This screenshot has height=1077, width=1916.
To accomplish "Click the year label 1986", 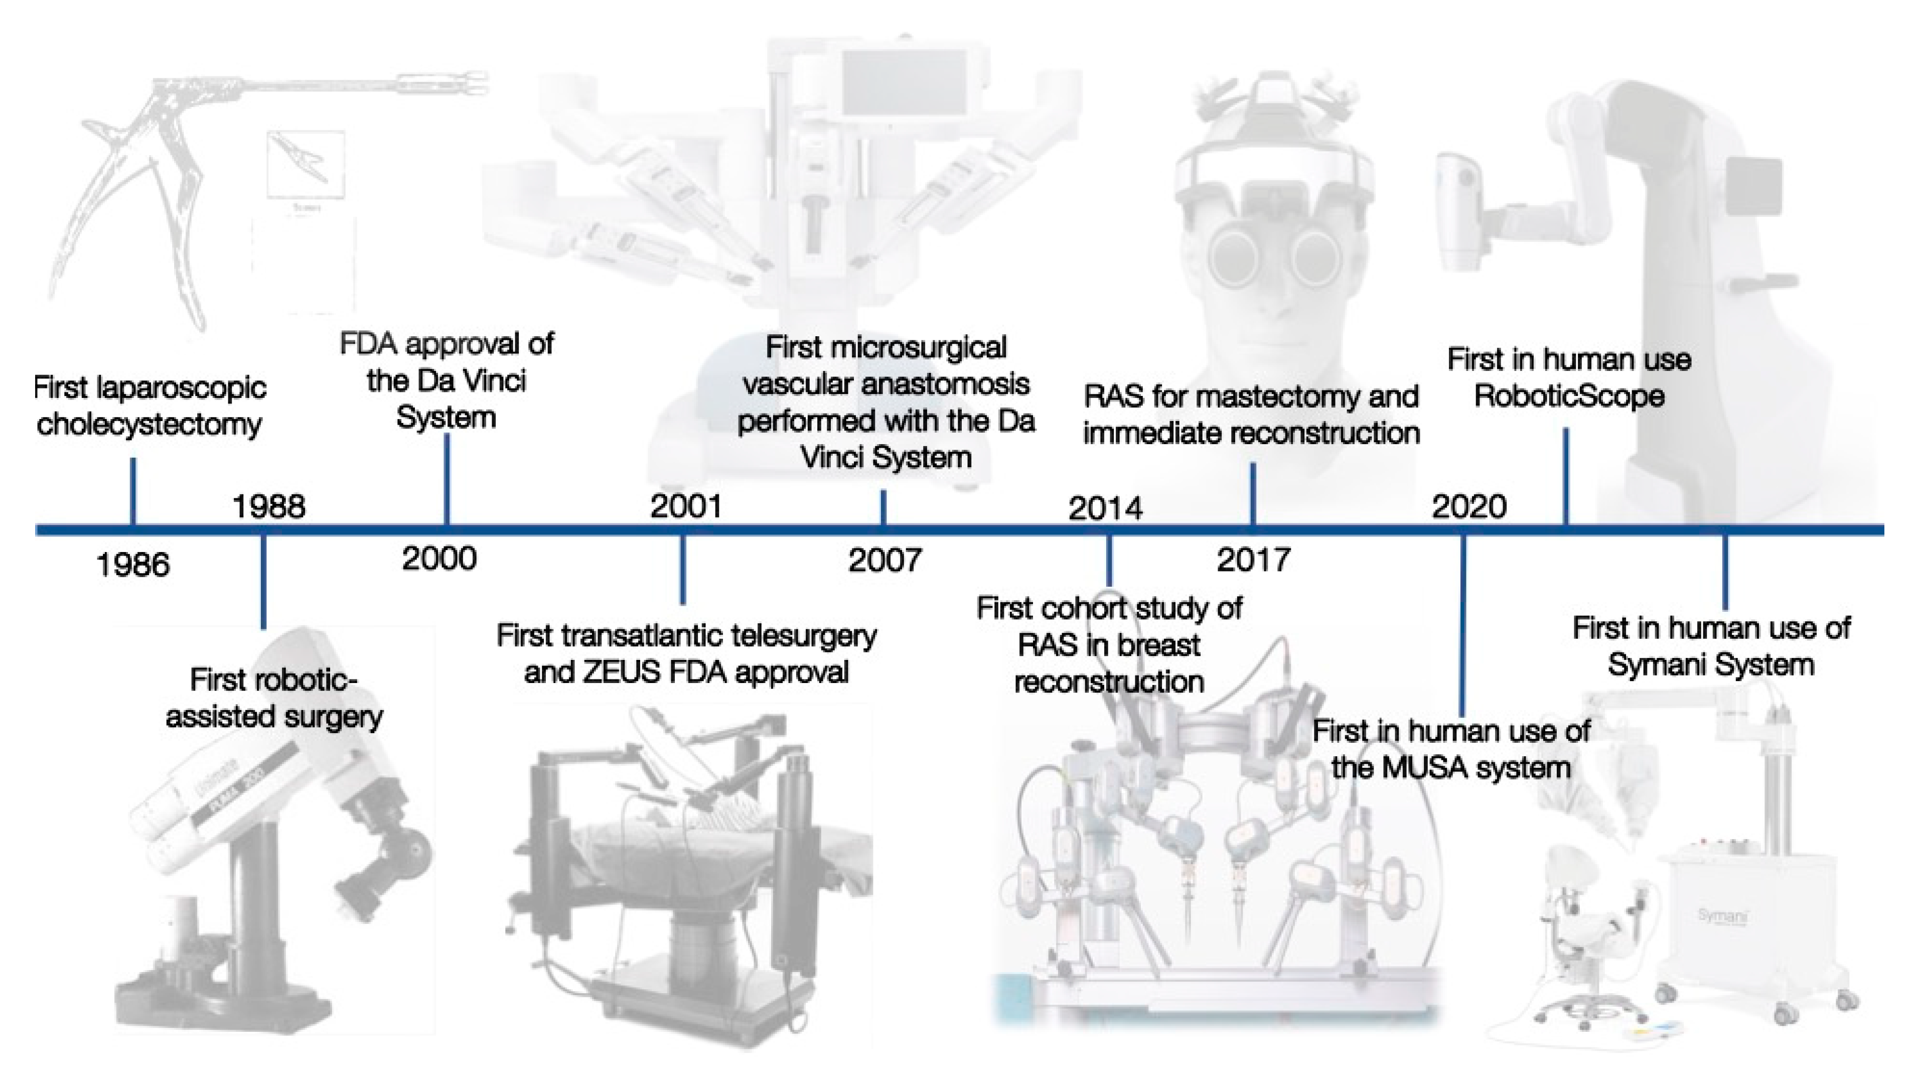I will pyautogui.click(x=133, y=565).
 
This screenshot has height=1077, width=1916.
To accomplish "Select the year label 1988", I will pyautogui.click(x=268, y=506).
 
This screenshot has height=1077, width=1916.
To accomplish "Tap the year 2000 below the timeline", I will pyautogui.click(x=439, y=559).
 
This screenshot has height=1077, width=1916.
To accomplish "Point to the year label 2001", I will pyautogui.click(x=686, y=506).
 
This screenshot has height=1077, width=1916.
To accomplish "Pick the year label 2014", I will pyautogui.click(x=1105, y=509).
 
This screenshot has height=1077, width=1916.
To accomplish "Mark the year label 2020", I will pyautogui.click(x=1469, y=506).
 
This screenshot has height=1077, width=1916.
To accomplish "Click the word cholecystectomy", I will pyautogui.click(x=149, y=425).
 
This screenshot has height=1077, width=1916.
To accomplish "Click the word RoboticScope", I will pyautogui.click(x=1569, y=396).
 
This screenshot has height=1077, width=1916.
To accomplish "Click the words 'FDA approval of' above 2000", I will pyautogui.click(x=447, y=344).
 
